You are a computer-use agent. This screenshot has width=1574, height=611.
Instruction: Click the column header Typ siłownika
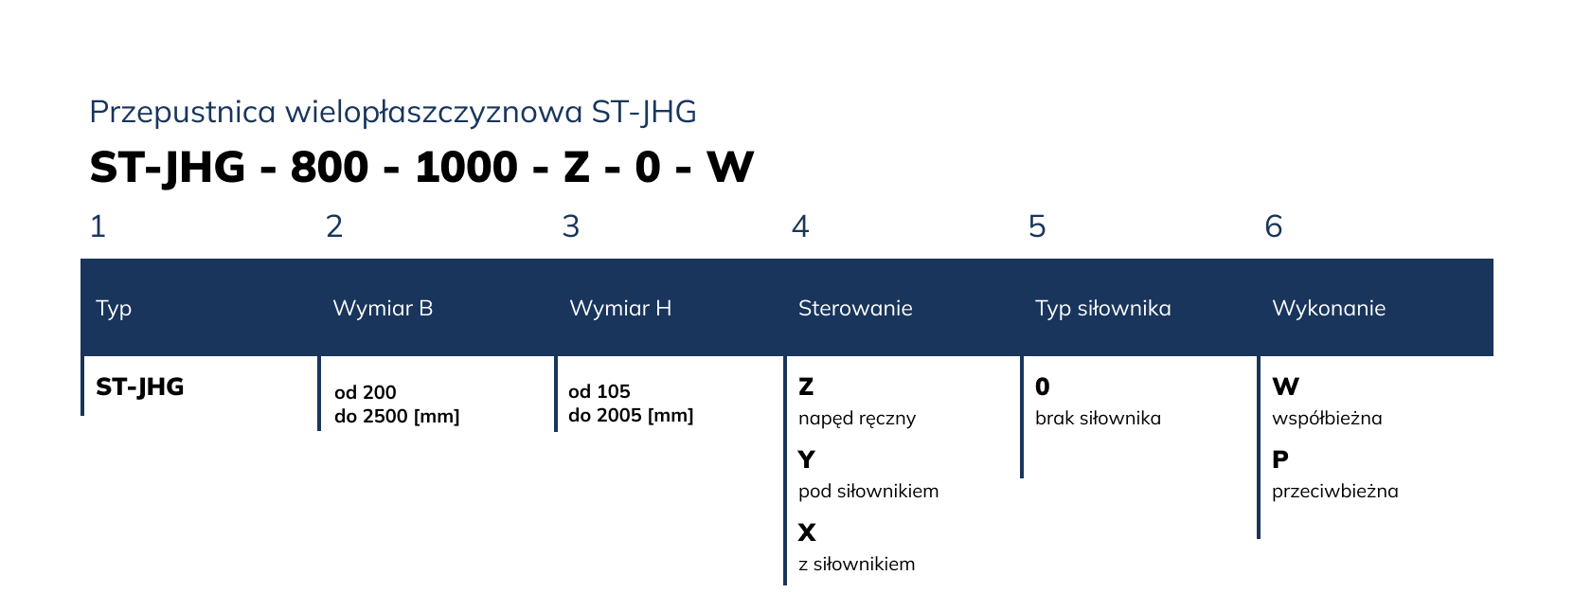1102,308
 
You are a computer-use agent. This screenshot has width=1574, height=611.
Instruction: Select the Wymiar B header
383,308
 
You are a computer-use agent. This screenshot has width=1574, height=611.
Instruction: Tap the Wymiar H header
620,308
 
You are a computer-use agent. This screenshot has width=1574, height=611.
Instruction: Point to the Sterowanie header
855,308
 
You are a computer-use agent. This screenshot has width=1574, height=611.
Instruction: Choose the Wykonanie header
1329,308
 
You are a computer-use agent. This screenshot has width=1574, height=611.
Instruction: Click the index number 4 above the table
800,226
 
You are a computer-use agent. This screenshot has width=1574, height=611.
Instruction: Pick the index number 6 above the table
1274,226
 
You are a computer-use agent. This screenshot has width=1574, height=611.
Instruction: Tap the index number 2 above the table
334,226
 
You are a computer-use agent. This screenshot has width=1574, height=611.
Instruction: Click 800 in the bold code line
330,168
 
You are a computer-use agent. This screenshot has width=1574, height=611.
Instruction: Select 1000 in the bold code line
467,168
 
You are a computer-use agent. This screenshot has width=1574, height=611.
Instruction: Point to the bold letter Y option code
807,459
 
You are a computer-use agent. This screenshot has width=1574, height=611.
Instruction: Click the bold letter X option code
807,532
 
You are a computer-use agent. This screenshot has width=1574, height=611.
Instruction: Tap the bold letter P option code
1280,459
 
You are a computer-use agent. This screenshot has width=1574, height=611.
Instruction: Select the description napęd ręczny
857,419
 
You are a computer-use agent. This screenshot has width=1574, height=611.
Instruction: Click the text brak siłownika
1098,419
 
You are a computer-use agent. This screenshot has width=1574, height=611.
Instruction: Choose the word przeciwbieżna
1335,491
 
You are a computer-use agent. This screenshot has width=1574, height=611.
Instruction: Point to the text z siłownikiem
856,564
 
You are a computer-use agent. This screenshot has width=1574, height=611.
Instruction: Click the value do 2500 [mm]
397,416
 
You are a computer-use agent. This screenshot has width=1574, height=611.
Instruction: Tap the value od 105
599,391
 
